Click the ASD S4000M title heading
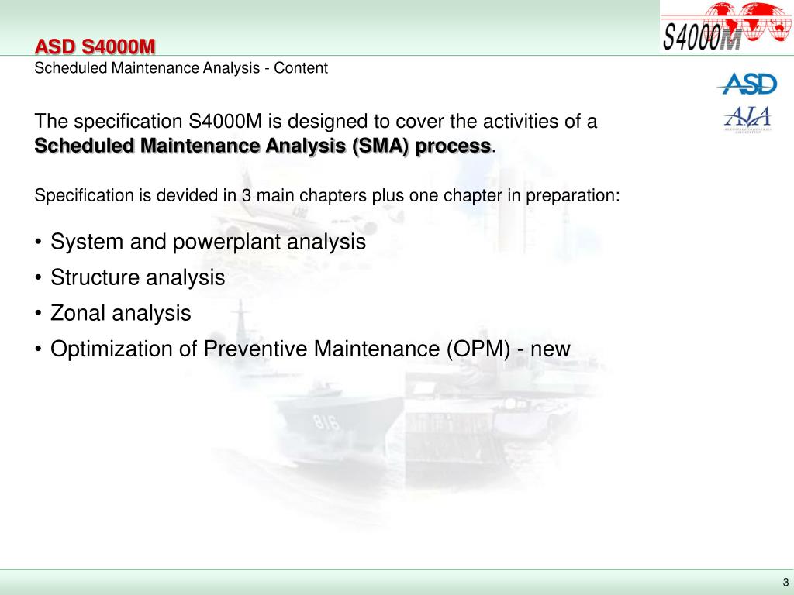[x=95, y=48]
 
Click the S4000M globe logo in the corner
[x=726, y=27]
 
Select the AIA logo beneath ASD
[x=747, y=119]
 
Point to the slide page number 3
[x=785, y=583]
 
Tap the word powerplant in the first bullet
[x=228, y=242]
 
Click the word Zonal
[x=78, y=313]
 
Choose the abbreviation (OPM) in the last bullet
[x=478, y=349]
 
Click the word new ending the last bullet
[x=551, y=349]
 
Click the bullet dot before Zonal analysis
[x=39, y=314]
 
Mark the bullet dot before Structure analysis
[x=39, y=278]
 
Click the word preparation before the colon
[x=570, y=195]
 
